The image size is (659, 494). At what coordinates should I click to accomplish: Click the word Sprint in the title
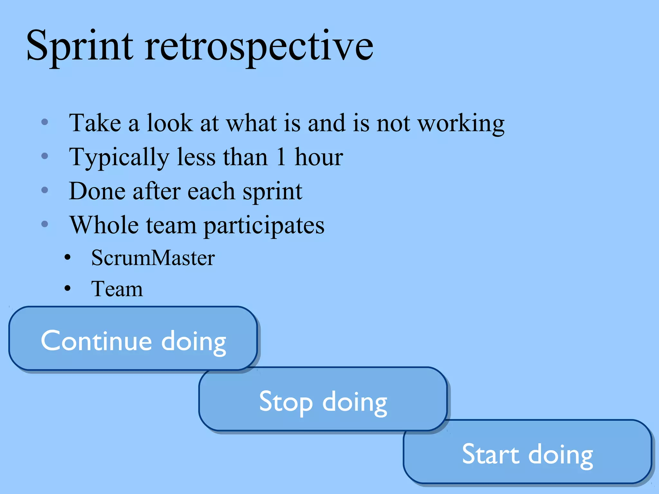click(x=79, y=47)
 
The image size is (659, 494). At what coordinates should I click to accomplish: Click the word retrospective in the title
click(x=259, y=47)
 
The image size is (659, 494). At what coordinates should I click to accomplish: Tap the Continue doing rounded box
click(x=133, y=339)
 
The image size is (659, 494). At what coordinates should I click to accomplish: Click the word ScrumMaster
click(x=153, y=258)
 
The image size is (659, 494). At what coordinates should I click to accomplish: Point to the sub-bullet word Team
click(x=117, y=289)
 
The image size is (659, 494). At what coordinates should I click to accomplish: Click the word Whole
click(x=104, y=225)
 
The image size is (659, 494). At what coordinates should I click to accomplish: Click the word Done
click(x=97, y=191)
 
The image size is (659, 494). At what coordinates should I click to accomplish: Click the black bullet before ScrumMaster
click(x=67, y=258)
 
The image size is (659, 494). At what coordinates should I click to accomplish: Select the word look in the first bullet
click(x=170, y=123)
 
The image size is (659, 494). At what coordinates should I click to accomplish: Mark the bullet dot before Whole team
click(x=45, y=224)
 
